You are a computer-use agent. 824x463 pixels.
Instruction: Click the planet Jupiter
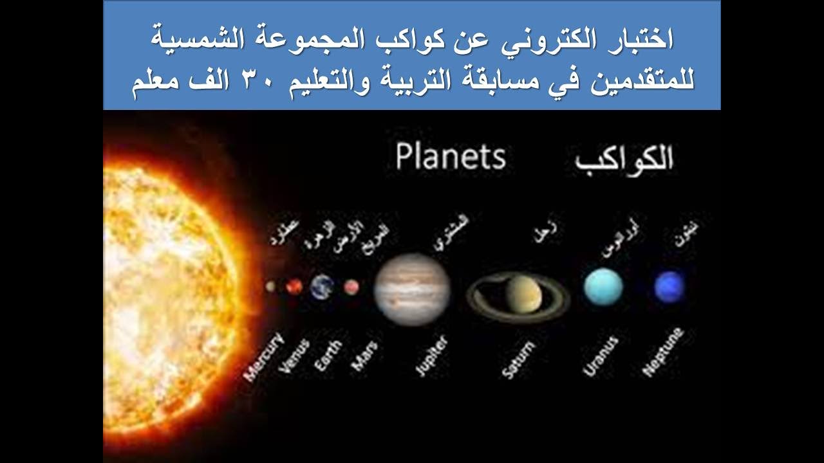coord(412,289)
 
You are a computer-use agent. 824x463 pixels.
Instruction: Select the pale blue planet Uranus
coord(603,287)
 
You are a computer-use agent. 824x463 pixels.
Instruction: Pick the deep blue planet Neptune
coord(669,287)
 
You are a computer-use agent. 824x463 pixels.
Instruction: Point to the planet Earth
coord(322,287)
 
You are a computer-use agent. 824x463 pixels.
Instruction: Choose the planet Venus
coord(294,287)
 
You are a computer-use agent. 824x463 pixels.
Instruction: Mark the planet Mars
coord(351,287)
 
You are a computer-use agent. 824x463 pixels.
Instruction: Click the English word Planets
coord(451,158)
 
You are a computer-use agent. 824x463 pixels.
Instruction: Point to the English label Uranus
coord(601,356)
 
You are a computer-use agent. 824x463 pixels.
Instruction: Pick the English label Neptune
coord(663,352)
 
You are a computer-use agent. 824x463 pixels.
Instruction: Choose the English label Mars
coord(364,355)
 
